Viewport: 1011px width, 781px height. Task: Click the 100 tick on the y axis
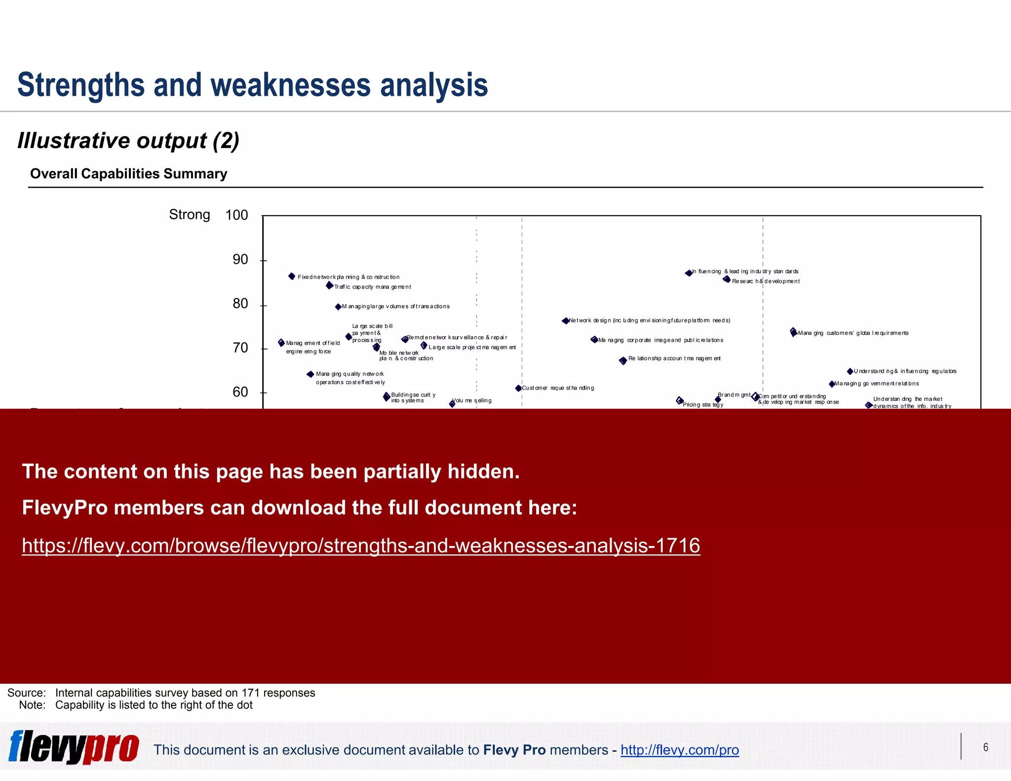coord(237,215)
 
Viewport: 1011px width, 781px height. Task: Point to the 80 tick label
coord(240,304)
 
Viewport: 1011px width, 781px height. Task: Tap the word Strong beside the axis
coord(190,215)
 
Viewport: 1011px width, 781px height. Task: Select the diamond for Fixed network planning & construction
coord(292,276)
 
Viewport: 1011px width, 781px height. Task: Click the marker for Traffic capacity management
coord(329,285)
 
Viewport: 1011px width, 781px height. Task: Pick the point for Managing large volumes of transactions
coord(338,307)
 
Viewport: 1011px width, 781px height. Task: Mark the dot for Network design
coord(565,321)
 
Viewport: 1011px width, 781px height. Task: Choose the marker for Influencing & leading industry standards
coord(689,273)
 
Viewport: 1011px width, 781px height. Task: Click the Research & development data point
coord(727,279)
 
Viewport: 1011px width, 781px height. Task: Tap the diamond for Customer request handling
coord(518,389)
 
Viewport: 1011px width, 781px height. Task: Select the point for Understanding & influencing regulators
coord(850,371)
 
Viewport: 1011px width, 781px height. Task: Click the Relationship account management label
coord(674,358)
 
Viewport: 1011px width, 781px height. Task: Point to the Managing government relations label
coord(877,384)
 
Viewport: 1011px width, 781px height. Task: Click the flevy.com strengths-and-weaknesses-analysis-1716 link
coord(361,546)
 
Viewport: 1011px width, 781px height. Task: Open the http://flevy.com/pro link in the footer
coord(679,750)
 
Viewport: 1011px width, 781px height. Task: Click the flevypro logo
coord(74,746)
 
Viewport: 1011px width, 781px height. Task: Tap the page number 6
coord(985,747)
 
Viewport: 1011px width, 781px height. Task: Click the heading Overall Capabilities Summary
coord(129,174)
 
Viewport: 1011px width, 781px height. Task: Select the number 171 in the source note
coord(250,693)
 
